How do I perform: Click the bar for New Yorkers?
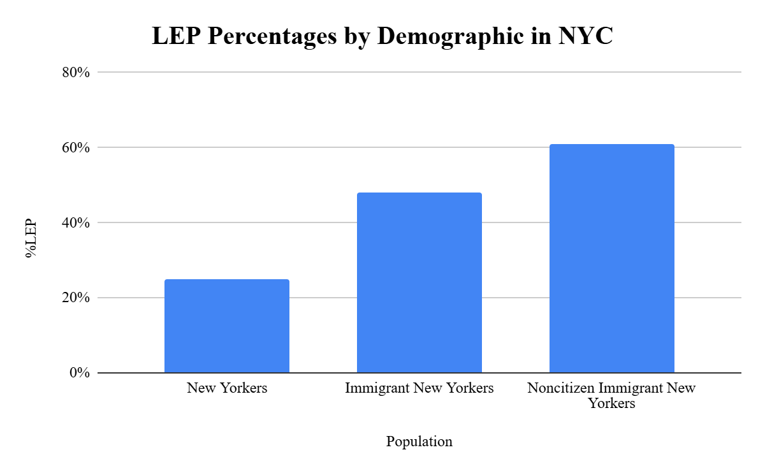click(x=227, y=326)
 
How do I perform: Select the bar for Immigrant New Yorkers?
click(x=419, y=282)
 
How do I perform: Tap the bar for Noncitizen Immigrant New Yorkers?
click(x=611, y=258)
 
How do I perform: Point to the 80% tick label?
click(x=76, y=73)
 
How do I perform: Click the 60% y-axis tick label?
click(x=76, y=147)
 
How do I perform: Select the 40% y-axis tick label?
click(x=76, y=222)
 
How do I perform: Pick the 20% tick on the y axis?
click(x=76, y=298)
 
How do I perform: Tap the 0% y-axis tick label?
click(x=80, y=372)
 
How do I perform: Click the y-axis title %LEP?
click(x=31, y=238)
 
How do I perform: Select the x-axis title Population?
click(x=419, y=442)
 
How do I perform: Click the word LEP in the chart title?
click(x=176, y=36)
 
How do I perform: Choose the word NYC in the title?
click(x=585, y=36)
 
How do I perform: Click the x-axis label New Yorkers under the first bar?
click(x=227, y=388)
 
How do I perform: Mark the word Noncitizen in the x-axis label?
click(x=561, y=388)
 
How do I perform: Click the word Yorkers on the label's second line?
click(x=611, y=404)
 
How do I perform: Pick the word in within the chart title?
click(x=541, y=36)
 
